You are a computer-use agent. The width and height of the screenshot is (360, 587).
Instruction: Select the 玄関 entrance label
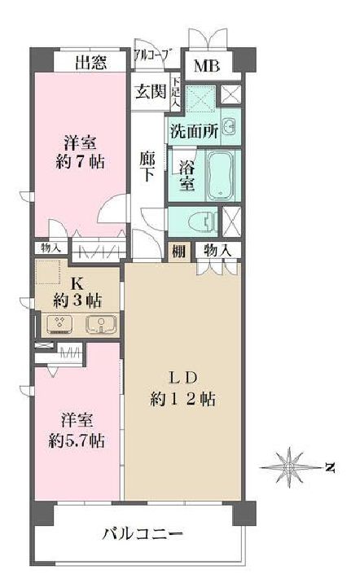point(150,91)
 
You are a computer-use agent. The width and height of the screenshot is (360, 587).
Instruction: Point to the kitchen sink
point(101,325)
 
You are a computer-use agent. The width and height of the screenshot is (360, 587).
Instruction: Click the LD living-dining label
point(182,377)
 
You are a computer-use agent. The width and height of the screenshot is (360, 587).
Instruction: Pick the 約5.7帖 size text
point(74,440)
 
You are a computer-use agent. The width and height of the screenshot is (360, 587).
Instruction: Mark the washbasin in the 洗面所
point(229,128)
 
